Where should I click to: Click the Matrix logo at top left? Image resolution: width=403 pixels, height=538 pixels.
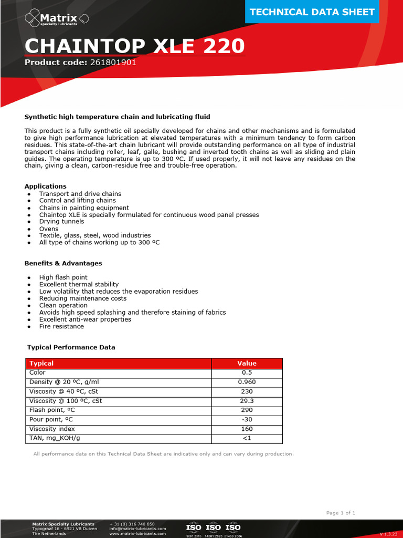(x=57, y=20)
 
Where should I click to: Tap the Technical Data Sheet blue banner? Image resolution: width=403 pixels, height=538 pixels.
(x=312, y=12)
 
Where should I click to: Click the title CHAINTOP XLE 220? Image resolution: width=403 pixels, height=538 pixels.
(x=134, y=46)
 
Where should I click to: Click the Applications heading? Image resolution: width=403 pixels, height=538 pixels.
(x=46, y=186)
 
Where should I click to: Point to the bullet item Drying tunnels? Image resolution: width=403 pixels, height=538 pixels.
(x=61, y=222)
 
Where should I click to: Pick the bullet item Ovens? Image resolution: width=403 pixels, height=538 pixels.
(x=49, y=229)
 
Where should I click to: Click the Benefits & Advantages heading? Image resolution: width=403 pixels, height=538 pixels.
(x=63, y=263)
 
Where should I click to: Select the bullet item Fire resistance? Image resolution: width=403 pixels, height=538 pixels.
(x=61, y=326)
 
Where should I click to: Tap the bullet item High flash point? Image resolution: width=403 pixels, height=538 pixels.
(x=63, y=277)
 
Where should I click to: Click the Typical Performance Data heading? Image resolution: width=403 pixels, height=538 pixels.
(x=71, y=347)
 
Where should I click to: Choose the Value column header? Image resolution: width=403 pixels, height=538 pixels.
(x=247, y=363)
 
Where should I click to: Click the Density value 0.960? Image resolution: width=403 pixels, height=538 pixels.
(x=247, y=382)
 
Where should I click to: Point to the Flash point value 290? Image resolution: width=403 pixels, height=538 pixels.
(x=247, y=410)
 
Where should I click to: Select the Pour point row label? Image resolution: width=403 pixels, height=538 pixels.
(x=51, y=420)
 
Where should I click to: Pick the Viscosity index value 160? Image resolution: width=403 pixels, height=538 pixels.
(x=247, y=429)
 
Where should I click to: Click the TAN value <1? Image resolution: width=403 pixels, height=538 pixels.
(x=247, y=438)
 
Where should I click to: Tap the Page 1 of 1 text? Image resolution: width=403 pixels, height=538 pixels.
(x=341, y=513)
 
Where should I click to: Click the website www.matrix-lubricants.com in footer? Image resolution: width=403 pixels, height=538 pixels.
(x=137, y=533)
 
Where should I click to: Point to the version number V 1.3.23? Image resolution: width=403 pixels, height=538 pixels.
(x=388, y=534)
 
